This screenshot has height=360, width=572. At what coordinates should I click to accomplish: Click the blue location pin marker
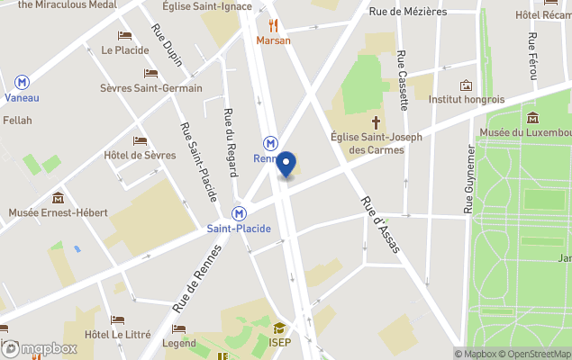coord(286,166)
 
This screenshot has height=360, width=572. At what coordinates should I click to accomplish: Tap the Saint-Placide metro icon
coord(239,214)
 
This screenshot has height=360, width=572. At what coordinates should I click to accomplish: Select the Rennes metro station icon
coord(270,143)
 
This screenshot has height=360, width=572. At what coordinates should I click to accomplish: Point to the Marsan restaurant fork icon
coord(273,25)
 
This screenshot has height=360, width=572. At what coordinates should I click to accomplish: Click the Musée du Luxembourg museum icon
coord(532,118)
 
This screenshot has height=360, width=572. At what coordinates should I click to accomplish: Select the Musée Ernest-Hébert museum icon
coord(59,197)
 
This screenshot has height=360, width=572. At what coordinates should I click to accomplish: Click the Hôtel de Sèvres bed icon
coord(140,140)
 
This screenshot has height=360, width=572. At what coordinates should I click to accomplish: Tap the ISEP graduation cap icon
coord(280,328)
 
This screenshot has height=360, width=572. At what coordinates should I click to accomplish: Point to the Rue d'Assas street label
coord(379,224)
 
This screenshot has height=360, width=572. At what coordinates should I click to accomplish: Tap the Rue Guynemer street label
coord(469,181)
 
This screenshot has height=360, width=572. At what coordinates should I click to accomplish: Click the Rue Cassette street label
coord(403,79)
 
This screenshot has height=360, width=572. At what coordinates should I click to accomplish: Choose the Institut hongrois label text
coord(467,99)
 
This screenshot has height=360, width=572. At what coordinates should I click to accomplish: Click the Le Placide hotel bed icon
coord(124,35)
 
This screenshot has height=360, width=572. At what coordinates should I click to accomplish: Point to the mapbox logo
coord(40,348)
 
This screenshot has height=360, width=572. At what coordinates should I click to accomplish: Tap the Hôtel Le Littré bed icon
coord(117,319)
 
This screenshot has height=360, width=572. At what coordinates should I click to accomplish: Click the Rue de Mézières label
coord(408,12)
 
